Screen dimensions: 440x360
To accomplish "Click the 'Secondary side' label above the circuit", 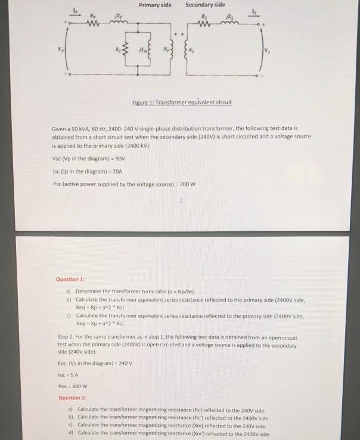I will tap(204, 5).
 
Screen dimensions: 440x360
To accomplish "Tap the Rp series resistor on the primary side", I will tap(92, 25).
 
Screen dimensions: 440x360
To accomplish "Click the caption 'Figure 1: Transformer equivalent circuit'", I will tap(182, 102).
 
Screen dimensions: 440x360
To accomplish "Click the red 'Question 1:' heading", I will tap(71, 278).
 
